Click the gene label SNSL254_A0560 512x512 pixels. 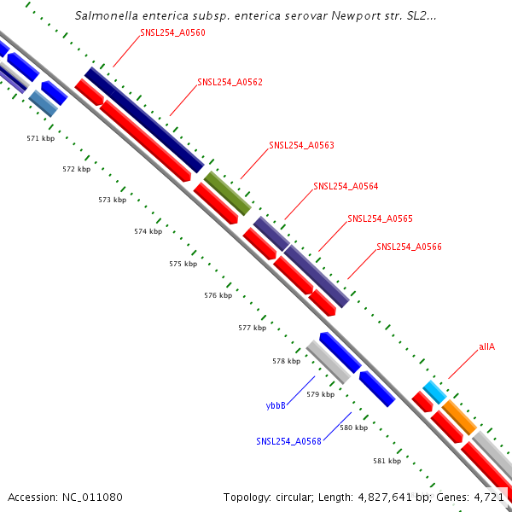point(172,32)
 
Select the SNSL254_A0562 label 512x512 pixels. point(230,83)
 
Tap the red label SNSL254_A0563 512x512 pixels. point(301,145)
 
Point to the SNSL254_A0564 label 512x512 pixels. point(346,186)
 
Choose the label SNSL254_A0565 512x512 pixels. point(380,218)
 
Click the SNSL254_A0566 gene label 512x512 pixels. point(409,247)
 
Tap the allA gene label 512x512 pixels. point(486,347)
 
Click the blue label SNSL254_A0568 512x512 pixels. point(288,441)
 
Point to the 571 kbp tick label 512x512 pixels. point(40,137)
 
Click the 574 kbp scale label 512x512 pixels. point(148,231)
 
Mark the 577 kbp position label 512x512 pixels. point(252,328)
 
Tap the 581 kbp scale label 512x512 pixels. point(387,461)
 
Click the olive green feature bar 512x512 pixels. point(227,193)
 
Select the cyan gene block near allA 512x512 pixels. point(434,393)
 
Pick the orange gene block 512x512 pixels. point(459,416)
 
